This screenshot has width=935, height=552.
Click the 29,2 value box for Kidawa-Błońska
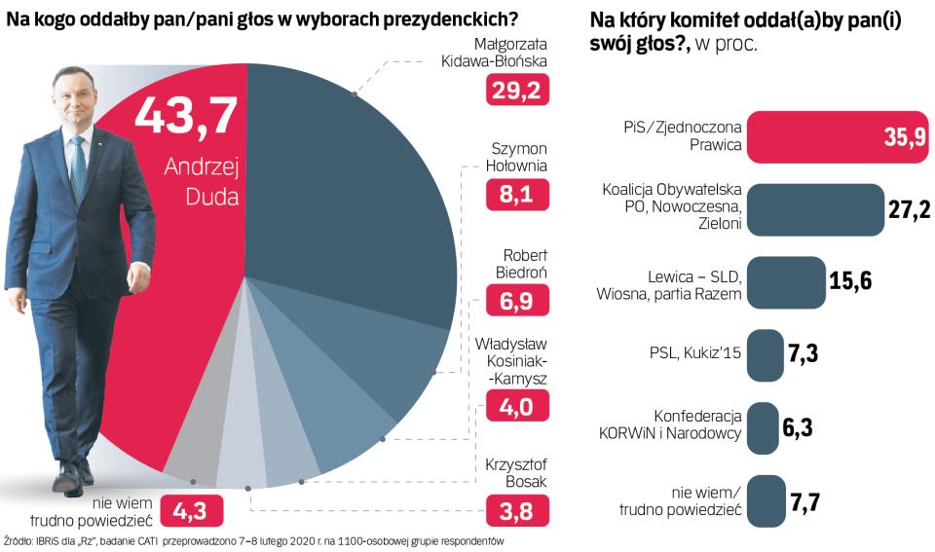pyautogui.click(x=518, y=91)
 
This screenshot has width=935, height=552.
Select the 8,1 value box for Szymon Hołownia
pyautogui.click(x=518, y=195)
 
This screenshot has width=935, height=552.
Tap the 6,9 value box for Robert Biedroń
pyautogui.click(x=518, y=300)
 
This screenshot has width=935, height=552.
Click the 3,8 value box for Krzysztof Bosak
pyautogui.click(x=518, y=509)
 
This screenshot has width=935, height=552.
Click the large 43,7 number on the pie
pyautogui.click(x=185, y=116)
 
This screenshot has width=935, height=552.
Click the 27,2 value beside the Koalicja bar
pyautogui.click(x=910, y=210)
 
